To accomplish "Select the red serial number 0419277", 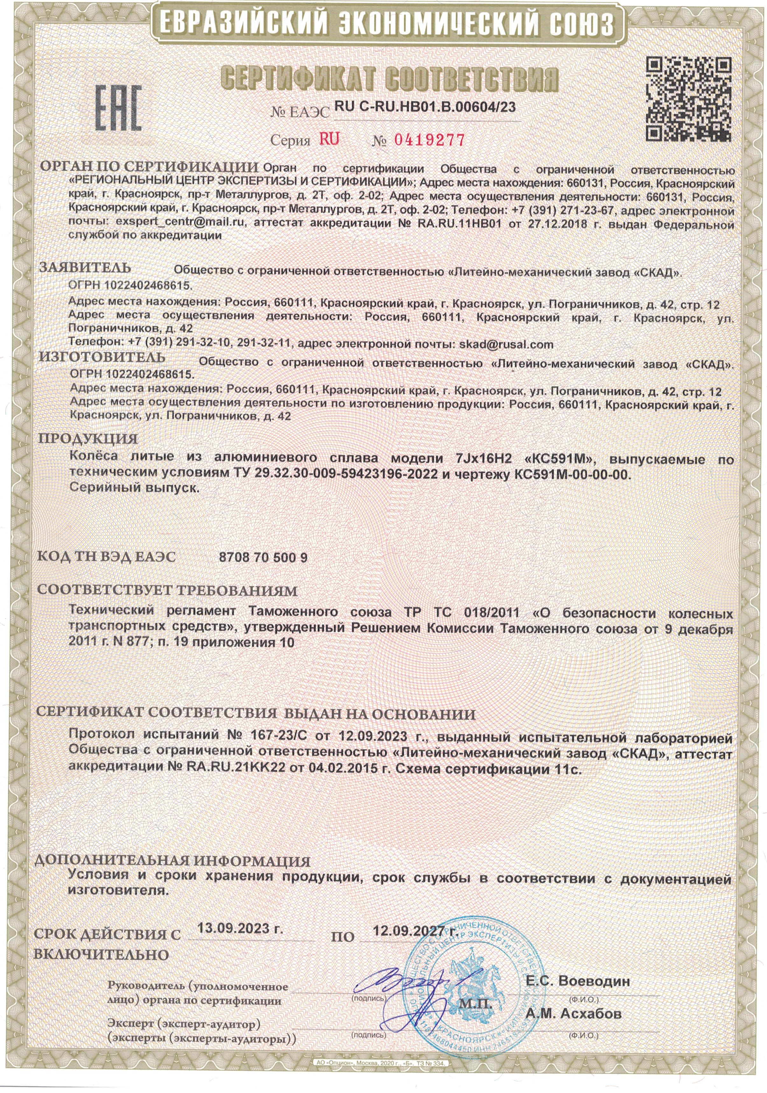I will (429, 140).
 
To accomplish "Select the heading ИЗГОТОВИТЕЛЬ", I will (102, 357).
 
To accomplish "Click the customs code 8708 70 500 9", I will (263, 557).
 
